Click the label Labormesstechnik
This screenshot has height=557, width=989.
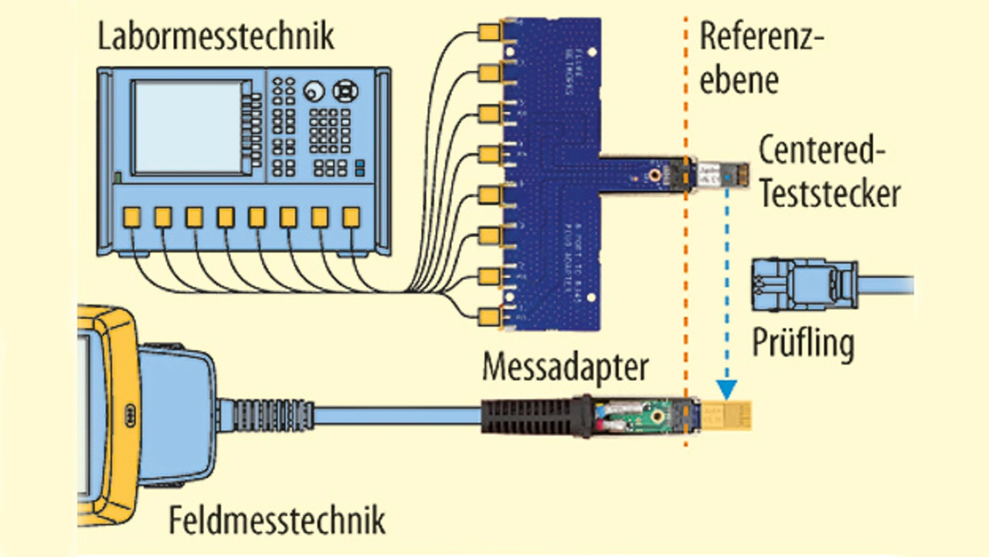pos(216,36)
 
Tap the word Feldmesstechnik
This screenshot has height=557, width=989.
pos(277,521)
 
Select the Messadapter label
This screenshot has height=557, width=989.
pos(566,369)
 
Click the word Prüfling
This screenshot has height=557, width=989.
pos(804,344)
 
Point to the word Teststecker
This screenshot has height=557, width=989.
pos(829,194)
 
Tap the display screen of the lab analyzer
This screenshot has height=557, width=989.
pos(189,127)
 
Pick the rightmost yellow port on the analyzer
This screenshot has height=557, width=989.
pos(352,217)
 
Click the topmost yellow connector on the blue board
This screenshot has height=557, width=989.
pos(489,33)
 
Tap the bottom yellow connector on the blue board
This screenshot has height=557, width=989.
pos(489,316)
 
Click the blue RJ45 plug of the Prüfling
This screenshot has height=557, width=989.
pos(804,284)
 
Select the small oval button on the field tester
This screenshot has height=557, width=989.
pos(130,413)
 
